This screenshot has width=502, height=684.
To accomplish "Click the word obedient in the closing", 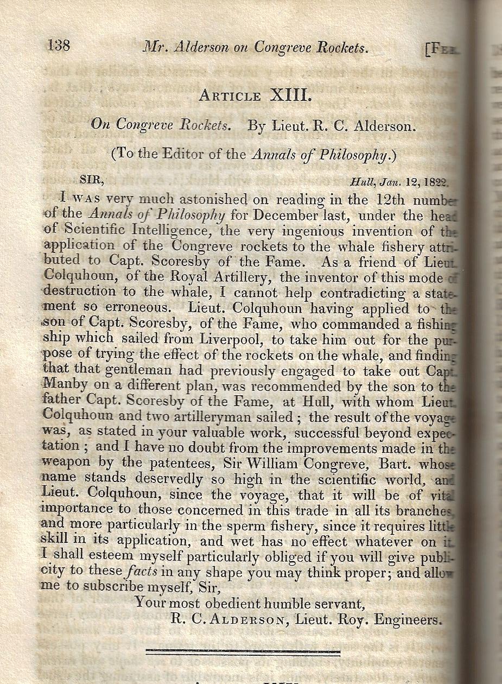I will [239, 603].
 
